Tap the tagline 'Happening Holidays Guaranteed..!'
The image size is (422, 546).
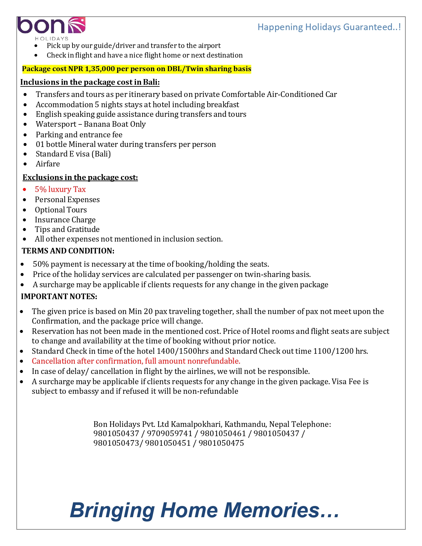[329, 27]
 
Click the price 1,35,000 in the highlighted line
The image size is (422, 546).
[100, 69]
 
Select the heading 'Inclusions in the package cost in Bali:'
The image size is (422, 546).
[90, 82]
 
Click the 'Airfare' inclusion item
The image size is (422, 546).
[48, 164]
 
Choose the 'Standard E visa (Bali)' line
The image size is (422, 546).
[73, 154]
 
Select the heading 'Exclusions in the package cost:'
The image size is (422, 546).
[80, 177]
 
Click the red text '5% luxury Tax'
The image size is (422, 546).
[60, 189]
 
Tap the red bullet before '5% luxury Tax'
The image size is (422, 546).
[24, 190]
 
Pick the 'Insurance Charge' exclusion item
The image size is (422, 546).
[65, 220]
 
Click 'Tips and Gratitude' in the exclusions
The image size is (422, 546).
[67, 229]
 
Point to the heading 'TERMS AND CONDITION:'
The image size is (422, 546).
[68, 251]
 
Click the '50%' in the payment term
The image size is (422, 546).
[41, 264]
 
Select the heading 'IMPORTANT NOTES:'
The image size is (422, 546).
[59, 296]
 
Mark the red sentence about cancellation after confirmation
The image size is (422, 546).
[136, 361]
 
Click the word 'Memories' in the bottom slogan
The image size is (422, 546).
[281, 510]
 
